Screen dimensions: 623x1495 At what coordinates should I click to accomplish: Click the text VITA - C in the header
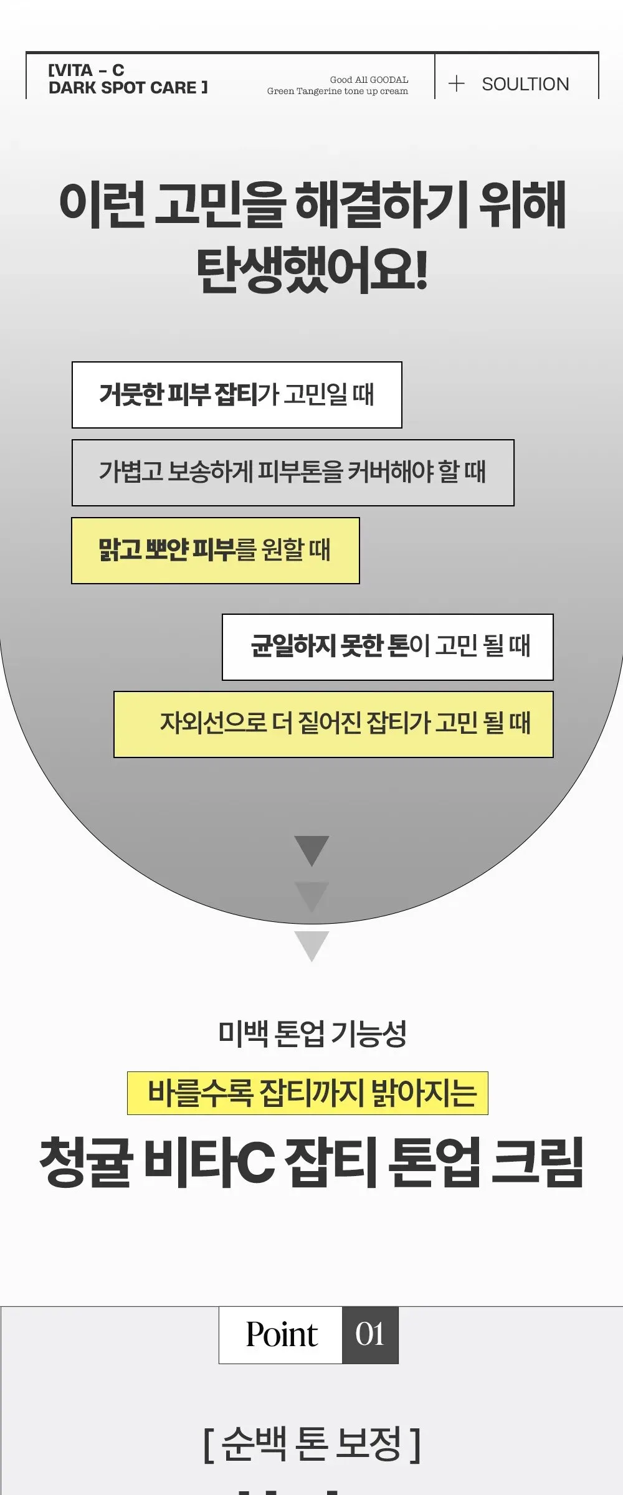pos(87,70)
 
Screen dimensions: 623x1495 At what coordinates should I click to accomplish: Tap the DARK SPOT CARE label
pos(128,87)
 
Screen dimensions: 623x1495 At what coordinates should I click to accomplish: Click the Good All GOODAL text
pos(369,80)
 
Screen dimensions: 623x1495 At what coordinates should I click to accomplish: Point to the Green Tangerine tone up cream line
pos(338,91)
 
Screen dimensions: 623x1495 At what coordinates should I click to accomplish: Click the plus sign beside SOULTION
pos(457,83)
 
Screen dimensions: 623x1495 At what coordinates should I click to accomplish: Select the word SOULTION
pos(525,84)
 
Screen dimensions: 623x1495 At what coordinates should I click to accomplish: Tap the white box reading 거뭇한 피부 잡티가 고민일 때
pos(237,395)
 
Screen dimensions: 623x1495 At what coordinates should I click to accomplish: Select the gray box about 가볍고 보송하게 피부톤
pos(293,473)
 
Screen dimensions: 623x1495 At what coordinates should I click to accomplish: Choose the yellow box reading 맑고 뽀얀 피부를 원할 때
pos(216,551)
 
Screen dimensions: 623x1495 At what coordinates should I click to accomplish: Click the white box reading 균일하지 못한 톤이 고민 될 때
pos(388,647)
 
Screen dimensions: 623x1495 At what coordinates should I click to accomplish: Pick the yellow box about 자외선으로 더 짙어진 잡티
pos(333,724)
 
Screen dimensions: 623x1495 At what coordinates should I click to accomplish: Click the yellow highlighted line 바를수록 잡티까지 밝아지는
pos(308,1093)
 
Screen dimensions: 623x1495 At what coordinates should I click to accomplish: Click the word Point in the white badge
pos(282,1335)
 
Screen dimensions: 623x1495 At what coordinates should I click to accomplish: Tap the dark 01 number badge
pos(370,1335)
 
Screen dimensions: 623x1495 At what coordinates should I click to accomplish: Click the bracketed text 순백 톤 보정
pos(311,1444)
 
